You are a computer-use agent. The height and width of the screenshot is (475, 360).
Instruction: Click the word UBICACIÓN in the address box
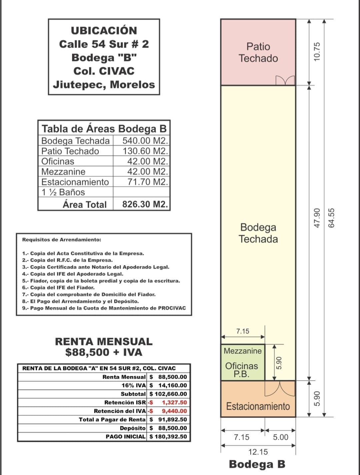[104, 31]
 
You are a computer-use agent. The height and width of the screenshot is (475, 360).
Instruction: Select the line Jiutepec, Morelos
[104, 85]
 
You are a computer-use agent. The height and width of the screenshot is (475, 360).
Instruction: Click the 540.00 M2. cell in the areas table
[145, 141]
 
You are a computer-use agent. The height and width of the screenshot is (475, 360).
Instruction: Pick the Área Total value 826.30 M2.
[145, 204]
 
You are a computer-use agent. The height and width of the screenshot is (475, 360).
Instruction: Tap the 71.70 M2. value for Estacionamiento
[148, 182]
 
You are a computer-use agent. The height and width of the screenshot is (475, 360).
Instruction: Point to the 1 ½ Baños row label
[63, 192]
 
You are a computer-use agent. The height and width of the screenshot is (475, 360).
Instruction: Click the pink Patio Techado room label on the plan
[258, 52]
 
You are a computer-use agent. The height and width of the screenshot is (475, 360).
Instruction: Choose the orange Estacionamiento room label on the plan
[258, 406]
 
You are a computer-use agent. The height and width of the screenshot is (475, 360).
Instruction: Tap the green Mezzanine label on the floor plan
[243, 351]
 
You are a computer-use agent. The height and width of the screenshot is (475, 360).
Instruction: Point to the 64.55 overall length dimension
[331, 218]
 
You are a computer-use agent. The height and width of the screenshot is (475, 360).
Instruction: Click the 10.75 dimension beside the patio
[317, 51]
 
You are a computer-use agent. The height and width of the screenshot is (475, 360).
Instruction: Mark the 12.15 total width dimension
[258, 452]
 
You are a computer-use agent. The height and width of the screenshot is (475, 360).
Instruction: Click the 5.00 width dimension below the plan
[281, 437]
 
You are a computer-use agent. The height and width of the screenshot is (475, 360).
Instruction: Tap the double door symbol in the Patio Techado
[285, 80]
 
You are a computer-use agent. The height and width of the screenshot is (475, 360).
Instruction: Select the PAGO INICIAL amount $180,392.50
[168, 437]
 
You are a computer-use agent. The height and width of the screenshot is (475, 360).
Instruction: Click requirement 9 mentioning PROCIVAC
[104, 308]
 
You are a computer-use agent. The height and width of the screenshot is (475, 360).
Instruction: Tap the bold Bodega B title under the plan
[257, 464]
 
